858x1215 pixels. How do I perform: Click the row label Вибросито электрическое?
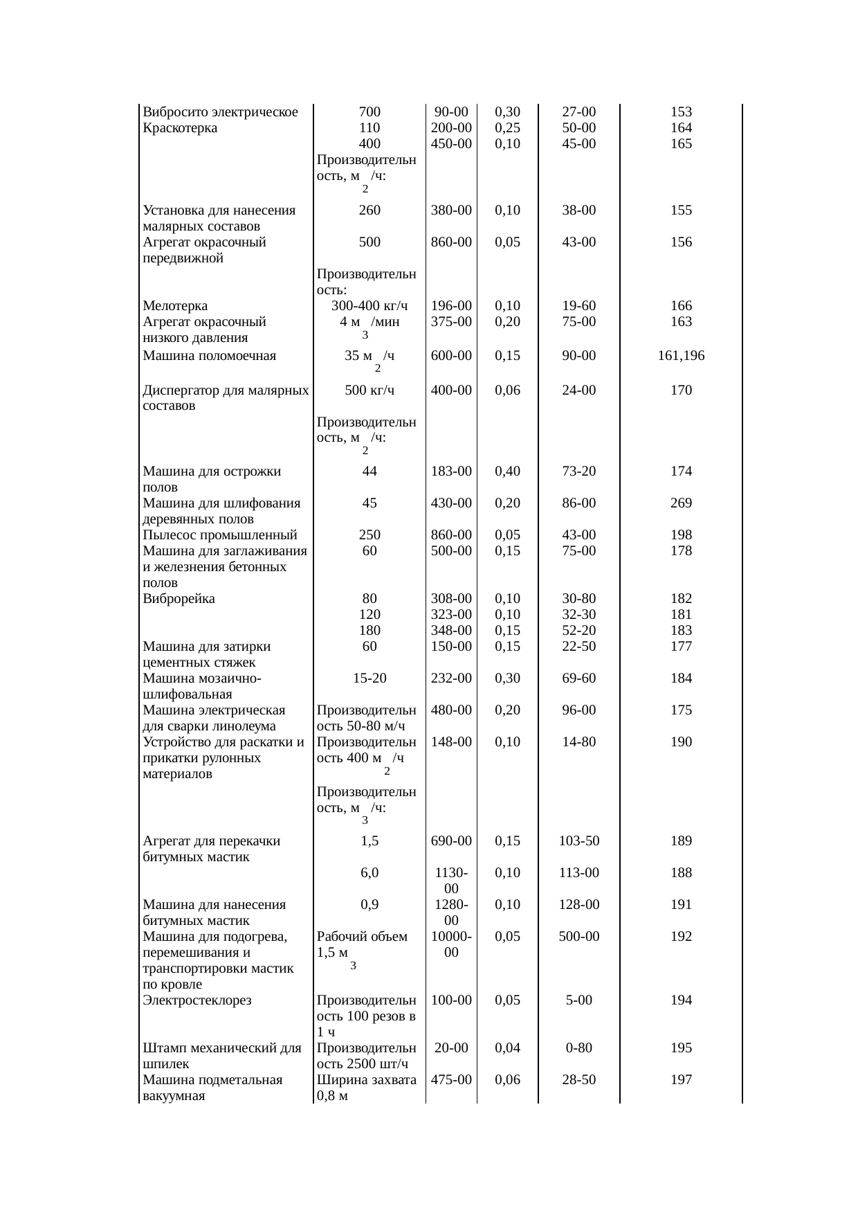click(220, 112)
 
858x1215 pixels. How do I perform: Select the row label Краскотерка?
click(179, 128)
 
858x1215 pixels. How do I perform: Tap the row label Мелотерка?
click(174, 306)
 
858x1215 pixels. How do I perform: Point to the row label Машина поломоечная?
click(209, 357)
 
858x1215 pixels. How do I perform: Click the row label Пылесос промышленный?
click(219, 535)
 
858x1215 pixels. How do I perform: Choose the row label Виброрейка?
click(179, 599)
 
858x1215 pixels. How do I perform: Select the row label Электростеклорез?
click(197, 1000)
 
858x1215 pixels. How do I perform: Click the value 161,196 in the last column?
click(681, 357)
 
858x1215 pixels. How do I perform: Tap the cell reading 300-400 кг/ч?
click(369, 306)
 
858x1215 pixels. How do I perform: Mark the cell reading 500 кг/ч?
click(369, 390)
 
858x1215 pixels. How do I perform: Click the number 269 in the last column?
click(681, 503)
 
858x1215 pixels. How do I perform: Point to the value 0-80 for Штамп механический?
click(578, 1048)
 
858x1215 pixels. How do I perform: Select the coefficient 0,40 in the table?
click(507, 471)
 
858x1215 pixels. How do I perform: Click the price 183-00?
click(451, 471)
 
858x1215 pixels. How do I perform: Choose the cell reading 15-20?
click(369, 678)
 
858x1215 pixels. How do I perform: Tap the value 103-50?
click(578, 842)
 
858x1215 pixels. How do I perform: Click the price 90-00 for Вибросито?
click(451, 112)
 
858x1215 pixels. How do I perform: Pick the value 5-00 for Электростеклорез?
click(578, 1000)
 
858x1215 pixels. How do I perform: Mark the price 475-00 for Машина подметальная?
click(451, 1080)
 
